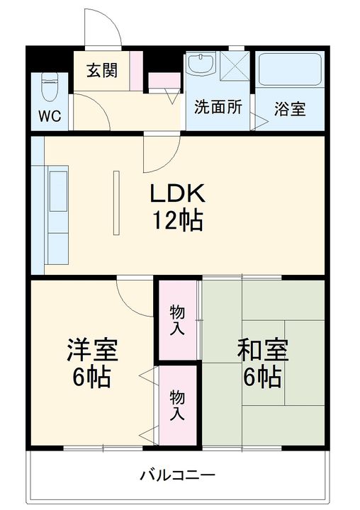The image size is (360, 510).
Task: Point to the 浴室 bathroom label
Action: coord(290,109)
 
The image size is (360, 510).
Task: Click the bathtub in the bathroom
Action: coord(289,71)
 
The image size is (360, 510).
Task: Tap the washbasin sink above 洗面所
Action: coord(202,65)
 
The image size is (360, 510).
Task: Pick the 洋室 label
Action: coord(92,349)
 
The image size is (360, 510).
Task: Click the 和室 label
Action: coord(261,349)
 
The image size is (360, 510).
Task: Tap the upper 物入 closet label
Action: coord(177,319)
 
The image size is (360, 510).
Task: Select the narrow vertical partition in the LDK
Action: coord(117,201)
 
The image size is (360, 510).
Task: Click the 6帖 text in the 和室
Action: coord(261,377)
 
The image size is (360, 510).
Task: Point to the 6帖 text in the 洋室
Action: coord(91,377)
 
